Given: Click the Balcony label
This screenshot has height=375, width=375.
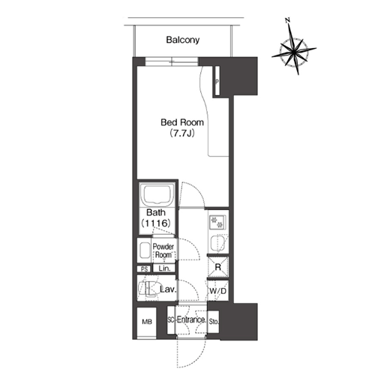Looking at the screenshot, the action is click(x=183, y=40).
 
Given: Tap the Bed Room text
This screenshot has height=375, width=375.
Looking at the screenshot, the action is click(x=182, y=122).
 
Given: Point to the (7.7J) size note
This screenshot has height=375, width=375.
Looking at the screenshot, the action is click(x=182, y=133).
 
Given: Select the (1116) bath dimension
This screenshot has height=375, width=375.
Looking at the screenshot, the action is click(x=156, y=223).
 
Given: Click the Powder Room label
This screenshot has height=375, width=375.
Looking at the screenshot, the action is click(x=163, y=250).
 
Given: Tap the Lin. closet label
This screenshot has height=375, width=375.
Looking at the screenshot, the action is click(x=164, y=268).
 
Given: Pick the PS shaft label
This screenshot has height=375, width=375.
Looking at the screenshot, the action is click(x=144, y=269).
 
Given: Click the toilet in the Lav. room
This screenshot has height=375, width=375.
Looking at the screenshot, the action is click(x=148, y=289).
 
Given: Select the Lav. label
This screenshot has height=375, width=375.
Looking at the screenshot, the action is click(x=168, y=289).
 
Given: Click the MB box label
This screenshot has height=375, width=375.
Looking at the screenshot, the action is click(x=147, y=322).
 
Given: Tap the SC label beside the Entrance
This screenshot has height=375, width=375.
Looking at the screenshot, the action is click(x=170, y=320).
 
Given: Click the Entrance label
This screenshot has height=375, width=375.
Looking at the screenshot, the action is click(x=191, y=319).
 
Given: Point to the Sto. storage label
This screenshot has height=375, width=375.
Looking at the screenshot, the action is click(x=214, y=322).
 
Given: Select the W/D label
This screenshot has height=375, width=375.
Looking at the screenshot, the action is click(x=217, y=291).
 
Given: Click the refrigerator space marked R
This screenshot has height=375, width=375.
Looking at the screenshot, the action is click(x=218, y=267).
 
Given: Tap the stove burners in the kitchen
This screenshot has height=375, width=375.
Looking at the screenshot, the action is click(x=217, y=223).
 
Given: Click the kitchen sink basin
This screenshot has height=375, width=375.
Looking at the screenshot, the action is click(x=217, y=243).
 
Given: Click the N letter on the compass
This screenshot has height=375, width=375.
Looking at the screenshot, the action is click(x=288, y=20).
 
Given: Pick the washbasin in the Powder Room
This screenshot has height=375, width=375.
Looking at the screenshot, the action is click(x=145, y=250).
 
